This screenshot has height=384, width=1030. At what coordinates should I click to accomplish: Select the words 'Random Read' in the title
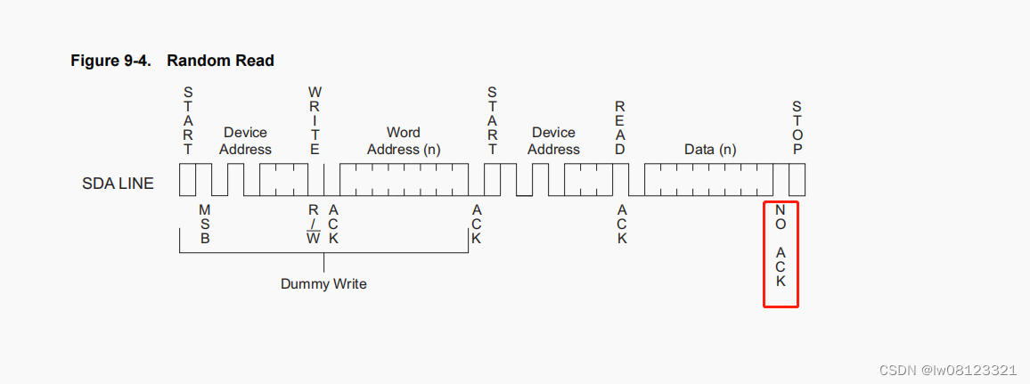(x=220, y=61)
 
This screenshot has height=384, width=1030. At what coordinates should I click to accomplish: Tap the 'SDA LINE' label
(x=118, y=184)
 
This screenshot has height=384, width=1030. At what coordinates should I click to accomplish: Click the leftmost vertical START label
(x=188, y=120)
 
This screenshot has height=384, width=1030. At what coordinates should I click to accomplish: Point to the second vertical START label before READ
(x=493, y=120)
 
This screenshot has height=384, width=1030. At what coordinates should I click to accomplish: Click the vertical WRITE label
(x=315, y=120)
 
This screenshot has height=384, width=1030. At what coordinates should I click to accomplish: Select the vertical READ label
(x=620, y=127)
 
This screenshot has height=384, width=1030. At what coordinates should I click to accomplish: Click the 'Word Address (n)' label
(x=404, y=141)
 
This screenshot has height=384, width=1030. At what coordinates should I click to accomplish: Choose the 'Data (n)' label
(x=710, y=150)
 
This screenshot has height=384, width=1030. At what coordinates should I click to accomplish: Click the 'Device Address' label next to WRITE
(x=245, y=141)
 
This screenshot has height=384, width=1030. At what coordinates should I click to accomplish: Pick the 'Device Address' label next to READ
(x=553, y=141)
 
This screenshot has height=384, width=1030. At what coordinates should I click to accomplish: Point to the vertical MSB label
(x=205, y=223)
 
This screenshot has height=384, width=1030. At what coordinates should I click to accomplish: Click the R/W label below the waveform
(x=314, y=223)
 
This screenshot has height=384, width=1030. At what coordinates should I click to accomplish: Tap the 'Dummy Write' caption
(x=323, y=283)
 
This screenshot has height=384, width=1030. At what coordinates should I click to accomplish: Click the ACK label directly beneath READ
(x=622, y=224)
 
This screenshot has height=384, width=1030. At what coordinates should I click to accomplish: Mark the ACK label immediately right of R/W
(x=333, y=223)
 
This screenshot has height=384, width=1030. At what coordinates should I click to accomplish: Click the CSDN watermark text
(x=947, y=370)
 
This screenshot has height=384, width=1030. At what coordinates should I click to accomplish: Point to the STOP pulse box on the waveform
(x=797, y=180)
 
